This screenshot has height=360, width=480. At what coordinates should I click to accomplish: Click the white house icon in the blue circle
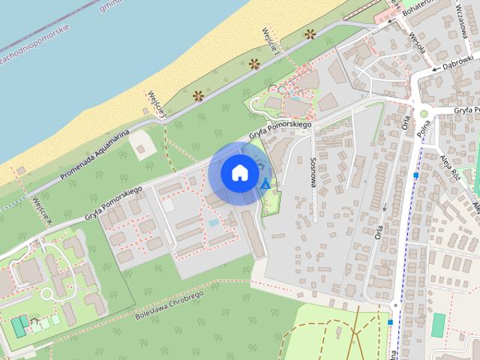pos(238,172)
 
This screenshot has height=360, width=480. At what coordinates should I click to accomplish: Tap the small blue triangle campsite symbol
pos(265,183)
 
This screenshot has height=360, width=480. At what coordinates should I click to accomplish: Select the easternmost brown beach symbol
pos(310,34)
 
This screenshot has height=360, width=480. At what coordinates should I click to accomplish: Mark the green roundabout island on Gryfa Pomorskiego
pos(424,113)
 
